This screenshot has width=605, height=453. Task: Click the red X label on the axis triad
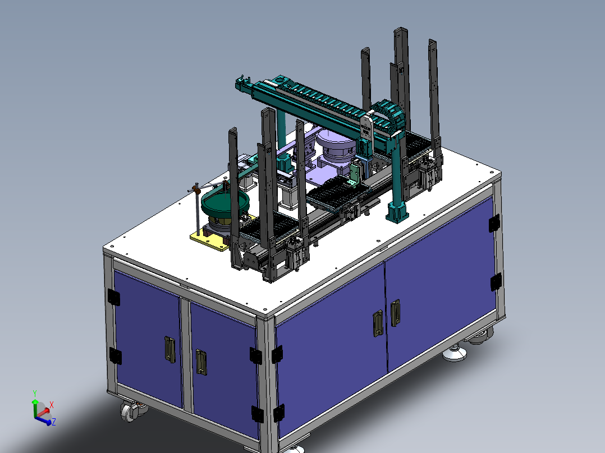coord(51,405)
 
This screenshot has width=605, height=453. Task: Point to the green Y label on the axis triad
coord(35,393)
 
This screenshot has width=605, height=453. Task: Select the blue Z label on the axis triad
coord(54,422)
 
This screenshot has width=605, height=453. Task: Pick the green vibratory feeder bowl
coord(225,202)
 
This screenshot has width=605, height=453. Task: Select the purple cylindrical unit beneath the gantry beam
coord(335,149)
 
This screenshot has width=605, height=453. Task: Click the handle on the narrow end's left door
coord(169,349)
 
